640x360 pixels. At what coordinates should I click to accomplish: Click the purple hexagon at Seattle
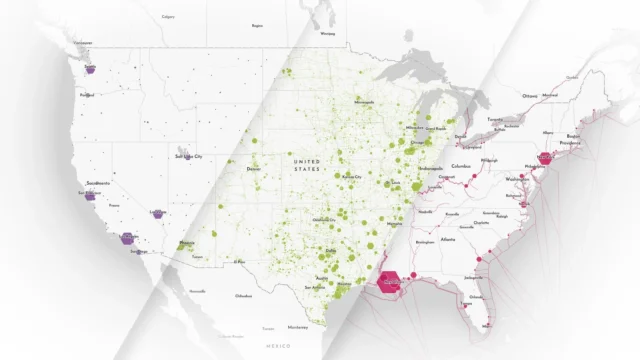(x=91, y=70)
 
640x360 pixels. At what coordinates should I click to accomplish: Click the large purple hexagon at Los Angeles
(x=128, y=238)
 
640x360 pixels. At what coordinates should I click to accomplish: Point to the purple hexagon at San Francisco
(x=90, y=196)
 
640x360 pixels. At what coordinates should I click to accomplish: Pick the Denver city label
(x=253, y=169)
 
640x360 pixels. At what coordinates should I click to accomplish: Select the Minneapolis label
(x=363, y=102)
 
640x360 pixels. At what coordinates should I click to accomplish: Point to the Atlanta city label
(x=448, y=239)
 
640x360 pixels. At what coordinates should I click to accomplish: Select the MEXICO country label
(x=278, y=344)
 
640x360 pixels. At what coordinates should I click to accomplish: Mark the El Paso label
(x=240, y=262)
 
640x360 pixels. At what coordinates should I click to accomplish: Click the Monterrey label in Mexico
(x=297, y=327)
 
